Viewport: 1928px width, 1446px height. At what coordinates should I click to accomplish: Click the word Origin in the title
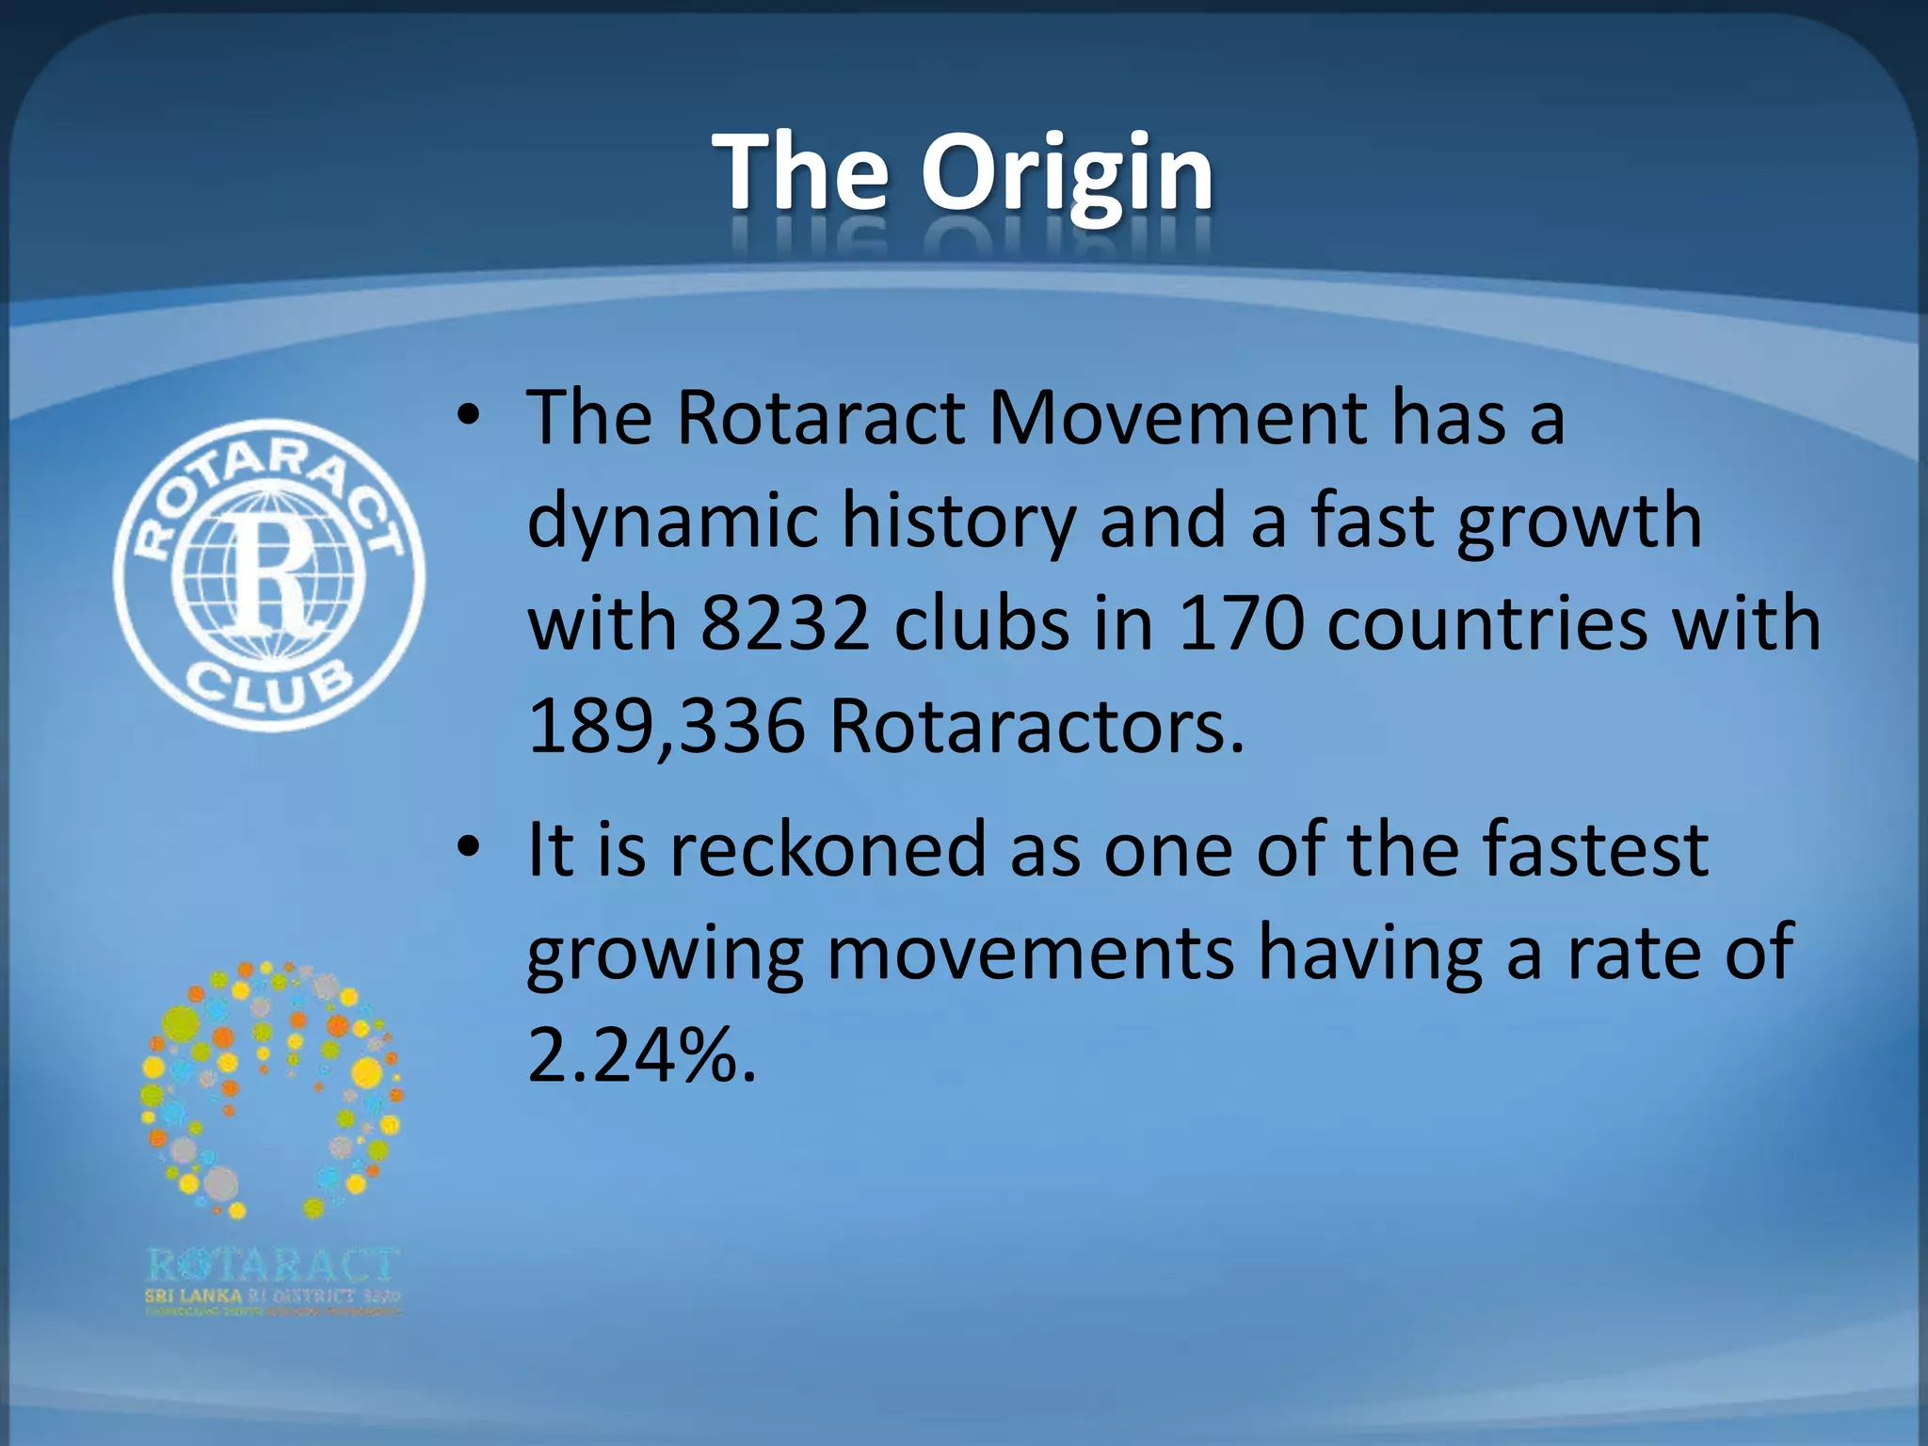pyautogui.click(x=1067, y=174)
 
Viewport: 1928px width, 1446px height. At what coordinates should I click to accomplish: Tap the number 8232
pyautogui.click(x=785, y=624)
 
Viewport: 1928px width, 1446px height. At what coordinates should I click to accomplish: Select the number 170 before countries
pyautogui.click(x=1241, y=624)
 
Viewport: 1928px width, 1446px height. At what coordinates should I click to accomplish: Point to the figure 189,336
pyautogui.click(x=667, y=728)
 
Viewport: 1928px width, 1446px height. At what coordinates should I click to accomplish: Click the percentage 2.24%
pyautogui.click(x=642, y=1056)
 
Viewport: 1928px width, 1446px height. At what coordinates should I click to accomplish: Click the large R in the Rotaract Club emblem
pyautogui.click(x=270, y=573)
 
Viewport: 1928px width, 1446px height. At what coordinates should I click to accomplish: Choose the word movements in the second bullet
pyautogui.click(x=1030, y=954)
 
